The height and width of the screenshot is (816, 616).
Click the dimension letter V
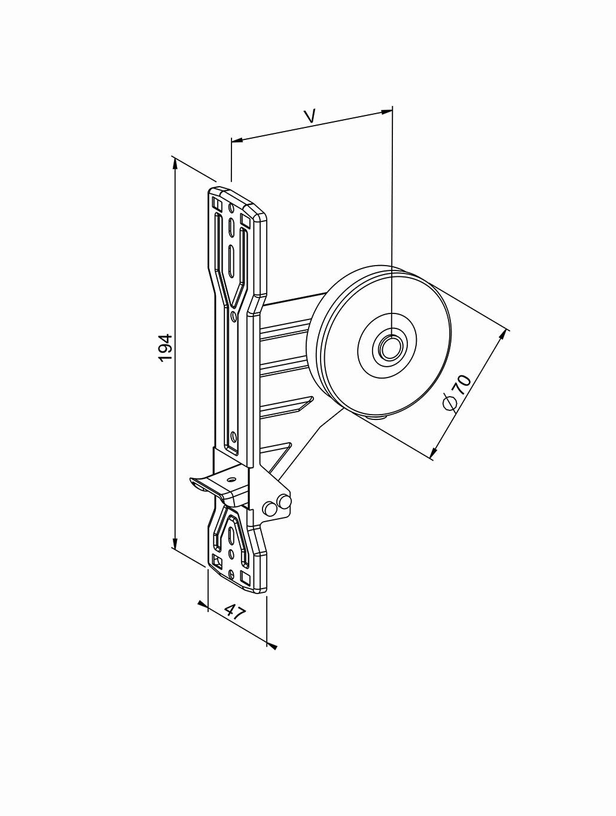pyautogui.click(x=309, y=115)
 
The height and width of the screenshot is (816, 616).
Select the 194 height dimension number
pyautogui.click(x=165, y=348)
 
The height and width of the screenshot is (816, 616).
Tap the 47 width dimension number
pyautogui.click(x=236, y=612)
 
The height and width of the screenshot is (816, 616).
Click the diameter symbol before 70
pyautogui.click(x=450, y=404)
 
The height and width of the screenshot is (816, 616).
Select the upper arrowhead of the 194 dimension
pyautogui.click(x=175, y=162)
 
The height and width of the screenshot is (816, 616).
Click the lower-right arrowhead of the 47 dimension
pyautogui.click(x=272, y=646)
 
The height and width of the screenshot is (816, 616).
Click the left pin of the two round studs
pyautogui.click(x=270, y=508)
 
